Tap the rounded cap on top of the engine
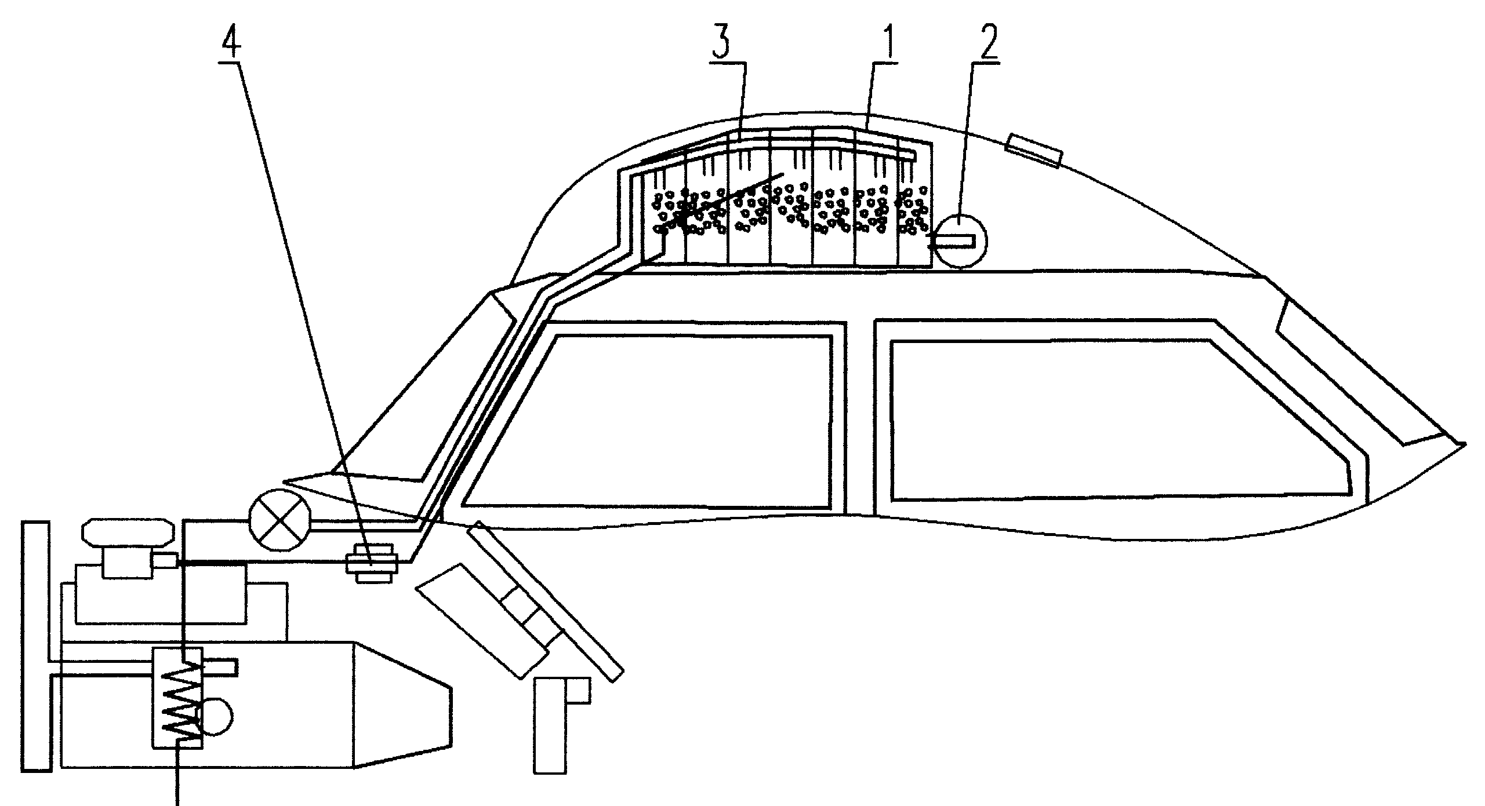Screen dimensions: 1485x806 click(x=128, y=533)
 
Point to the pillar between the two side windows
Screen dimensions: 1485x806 click(x=860, y=417)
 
